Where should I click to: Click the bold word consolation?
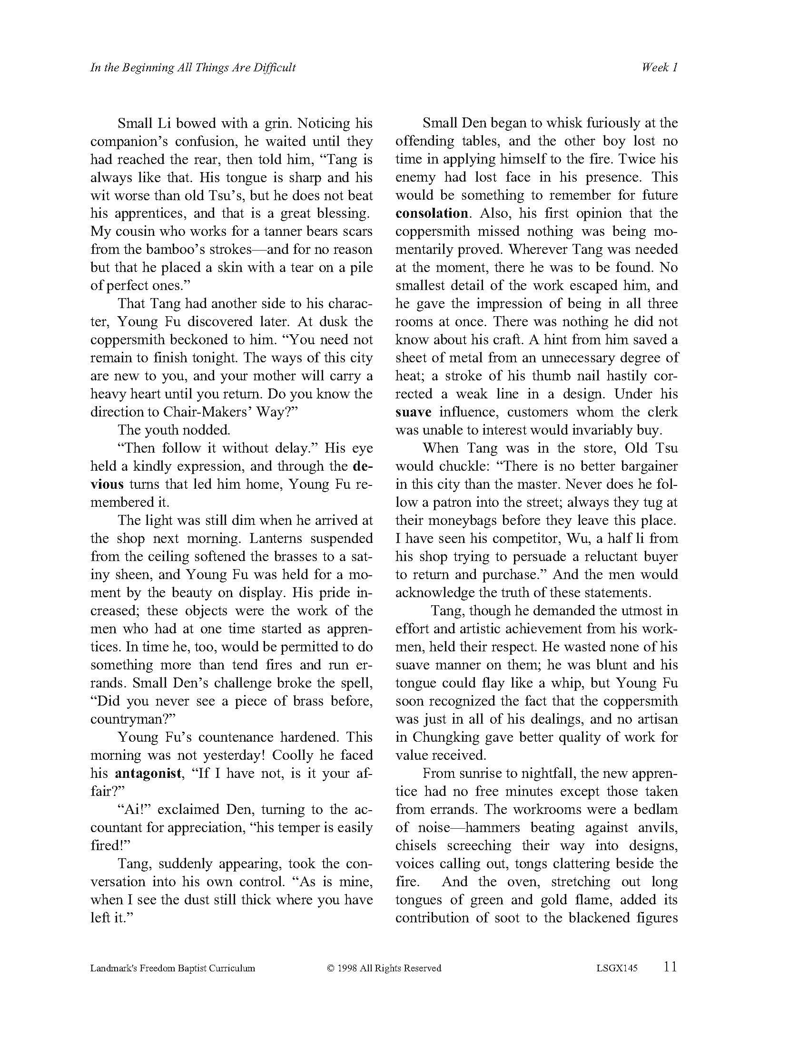[x=431, y=213]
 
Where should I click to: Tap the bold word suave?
[x=413, y=412]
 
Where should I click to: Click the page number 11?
[x=671, y=967]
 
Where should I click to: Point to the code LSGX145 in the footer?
[x=617, y=969]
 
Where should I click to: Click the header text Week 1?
[x=660, y=68]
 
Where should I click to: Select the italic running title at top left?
[x=193, y=68]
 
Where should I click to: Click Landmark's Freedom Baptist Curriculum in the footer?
[x=173, y=969]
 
